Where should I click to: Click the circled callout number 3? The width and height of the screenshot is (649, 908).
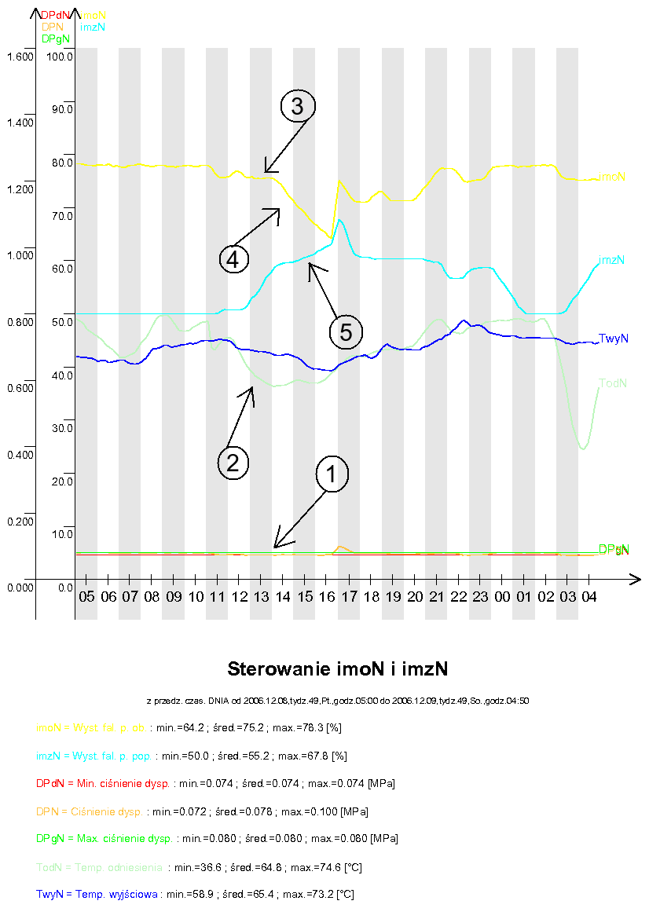point(297,107)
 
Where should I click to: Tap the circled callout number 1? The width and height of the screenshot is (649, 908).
point(331,474)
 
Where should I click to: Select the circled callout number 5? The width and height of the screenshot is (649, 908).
point(346,331)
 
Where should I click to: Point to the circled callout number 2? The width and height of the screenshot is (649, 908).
point(233,461)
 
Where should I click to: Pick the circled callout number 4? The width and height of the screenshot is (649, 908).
point(233,258)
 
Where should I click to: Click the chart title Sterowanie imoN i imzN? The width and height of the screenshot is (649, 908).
point(337,669)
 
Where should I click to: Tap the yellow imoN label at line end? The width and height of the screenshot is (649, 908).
point(612,177)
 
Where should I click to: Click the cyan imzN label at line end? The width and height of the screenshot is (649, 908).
point(612,260)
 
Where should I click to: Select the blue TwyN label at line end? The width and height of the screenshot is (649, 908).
point(613,339)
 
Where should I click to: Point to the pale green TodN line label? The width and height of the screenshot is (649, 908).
point(613,383)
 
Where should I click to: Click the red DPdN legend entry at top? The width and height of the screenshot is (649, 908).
point(55,15)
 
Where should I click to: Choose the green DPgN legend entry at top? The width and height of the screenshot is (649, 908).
point(55,38)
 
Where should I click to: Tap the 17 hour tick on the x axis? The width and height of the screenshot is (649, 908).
point(349,598)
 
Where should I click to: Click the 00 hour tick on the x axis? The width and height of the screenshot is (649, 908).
point(501,598)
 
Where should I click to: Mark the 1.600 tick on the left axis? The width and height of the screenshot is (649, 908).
point(19,57)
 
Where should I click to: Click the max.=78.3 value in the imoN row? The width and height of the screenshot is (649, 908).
point(302,728)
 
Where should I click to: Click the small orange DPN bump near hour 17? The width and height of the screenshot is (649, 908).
point(341,547)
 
